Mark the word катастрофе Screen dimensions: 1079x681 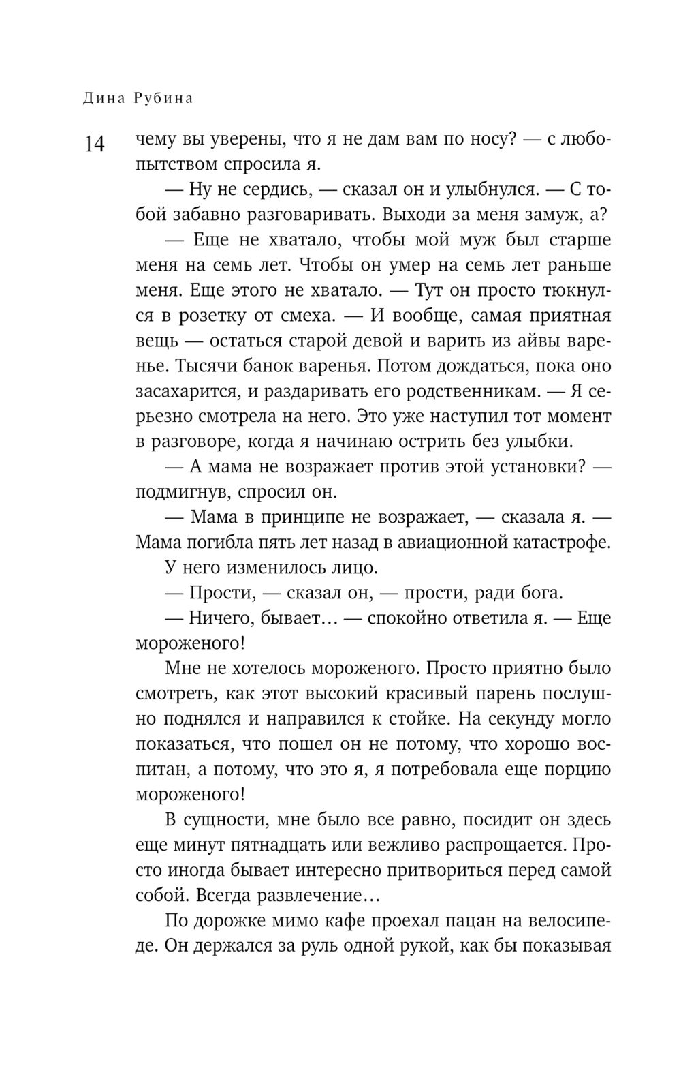pyautogui.click(x=555, y=542)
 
